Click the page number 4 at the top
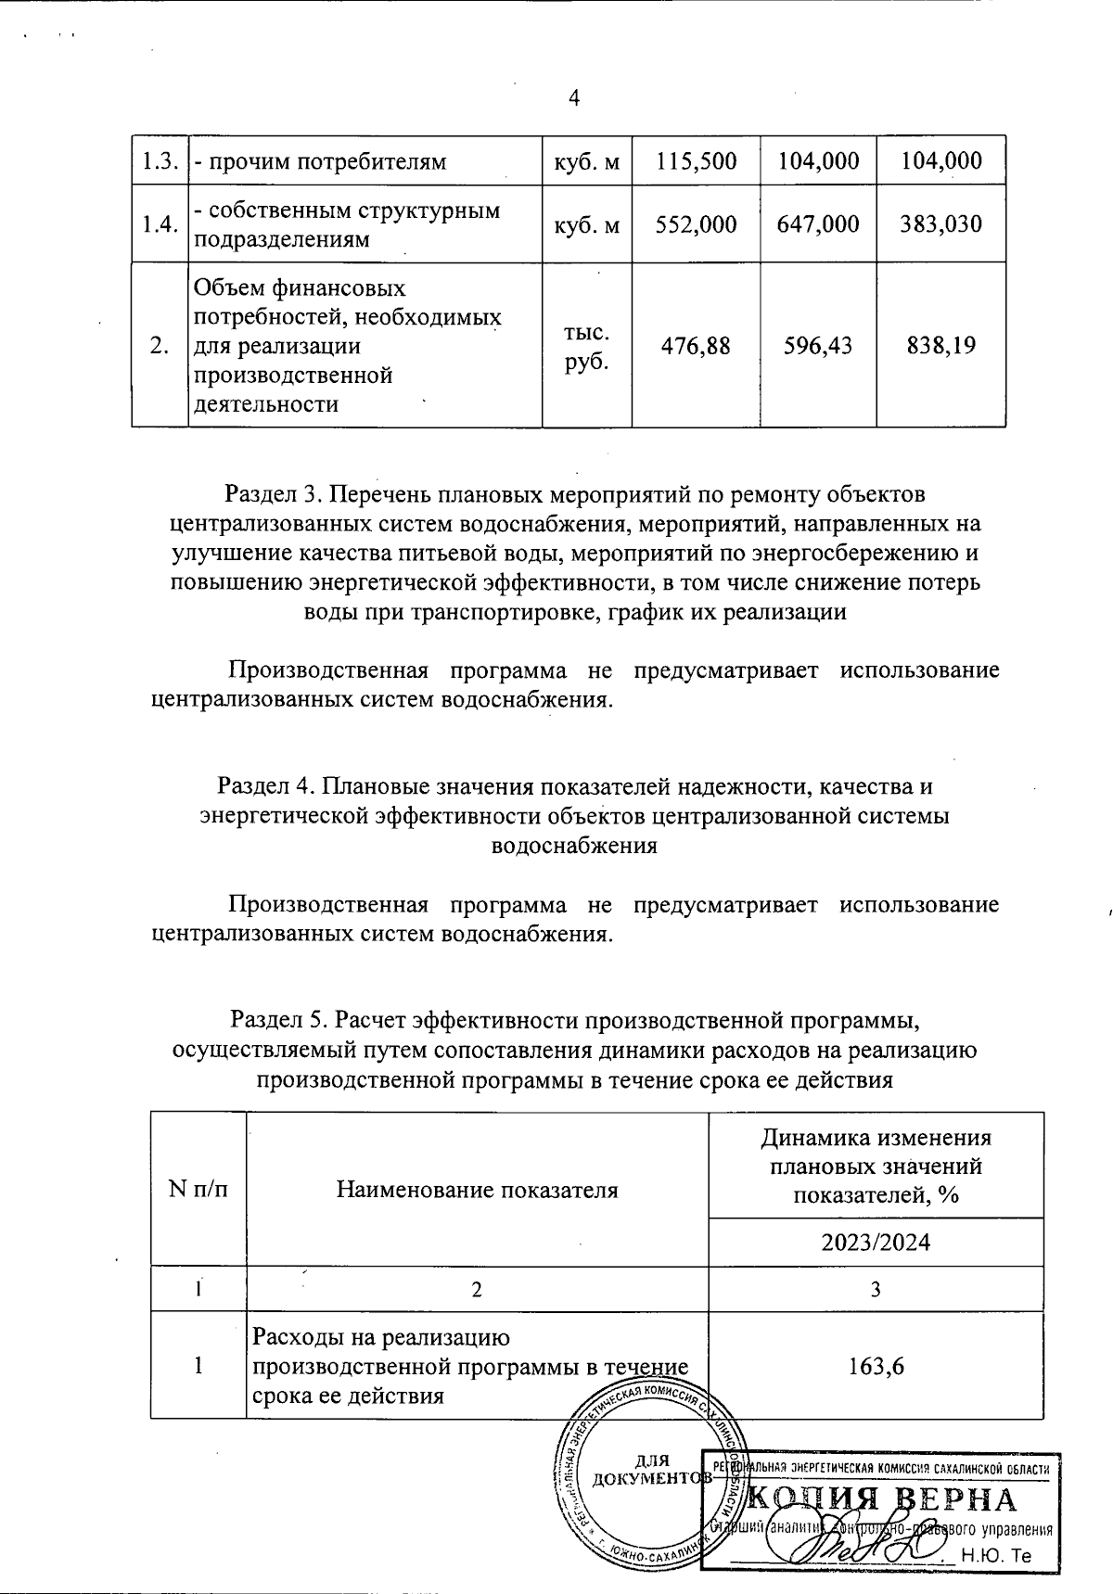[x=574, y=98]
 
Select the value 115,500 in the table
[x=696, y=161]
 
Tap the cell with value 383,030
[x=940, y=224]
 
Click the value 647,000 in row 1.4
[x=818, y=224]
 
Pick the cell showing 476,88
[x=696, y=346]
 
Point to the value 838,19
[x=940, y=346]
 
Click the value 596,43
[x=818, y=346]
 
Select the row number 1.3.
[x=160, y=161]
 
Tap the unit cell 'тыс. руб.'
[x=586, y=346]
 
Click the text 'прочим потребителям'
[x=320, y=161]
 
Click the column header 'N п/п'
[x=198, y=1189]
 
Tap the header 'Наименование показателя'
[x=477, y=1190]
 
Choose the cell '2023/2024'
[x=876, y=1242]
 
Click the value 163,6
[x=876, y=1365]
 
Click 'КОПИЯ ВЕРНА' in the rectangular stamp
[x=881, y=1499]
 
